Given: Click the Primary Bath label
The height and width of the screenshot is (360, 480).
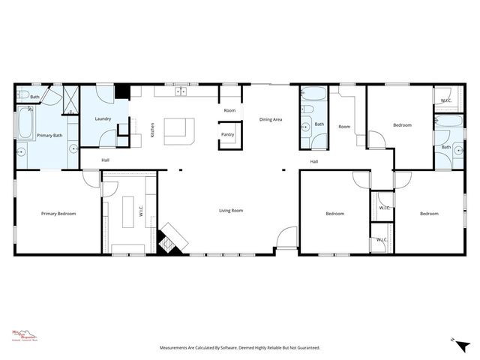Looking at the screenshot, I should pyautogui.click(x=49, y=136).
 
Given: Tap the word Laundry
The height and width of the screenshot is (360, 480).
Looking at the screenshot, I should pyautogui.click(x=103, y=118).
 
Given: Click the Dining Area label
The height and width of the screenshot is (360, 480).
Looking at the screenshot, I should pyautogui.click(x=271, y=119).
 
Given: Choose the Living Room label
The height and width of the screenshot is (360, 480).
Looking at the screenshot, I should pyautogui.click(x=231, y=211).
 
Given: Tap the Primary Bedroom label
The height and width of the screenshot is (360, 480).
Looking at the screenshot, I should pyautogui.click(x=58, y=214).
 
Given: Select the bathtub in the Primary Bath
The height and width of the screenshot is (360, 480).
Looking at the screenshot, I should pyautogui.click(x=25, y=123).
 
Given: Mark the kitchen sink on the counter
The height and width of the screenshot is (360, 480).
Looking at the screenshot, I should pyautogui.click(x=181, y=92).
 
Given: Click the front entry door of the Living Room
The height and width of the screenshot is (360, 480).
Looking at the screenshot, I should pyautogui.click(x=286, y=238).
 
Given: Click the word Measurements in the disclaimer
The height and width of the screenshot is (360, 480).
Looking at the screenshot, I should pyautogui.click(x=177, y=348).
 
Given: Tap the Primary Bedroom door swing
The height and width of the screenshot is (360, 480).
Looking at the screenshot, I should pyautogui.click(x=91, y=179).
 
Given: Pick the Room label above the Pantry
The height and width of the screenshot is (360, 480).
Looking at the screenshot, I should pyautogui.click(x=229, y=110).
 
